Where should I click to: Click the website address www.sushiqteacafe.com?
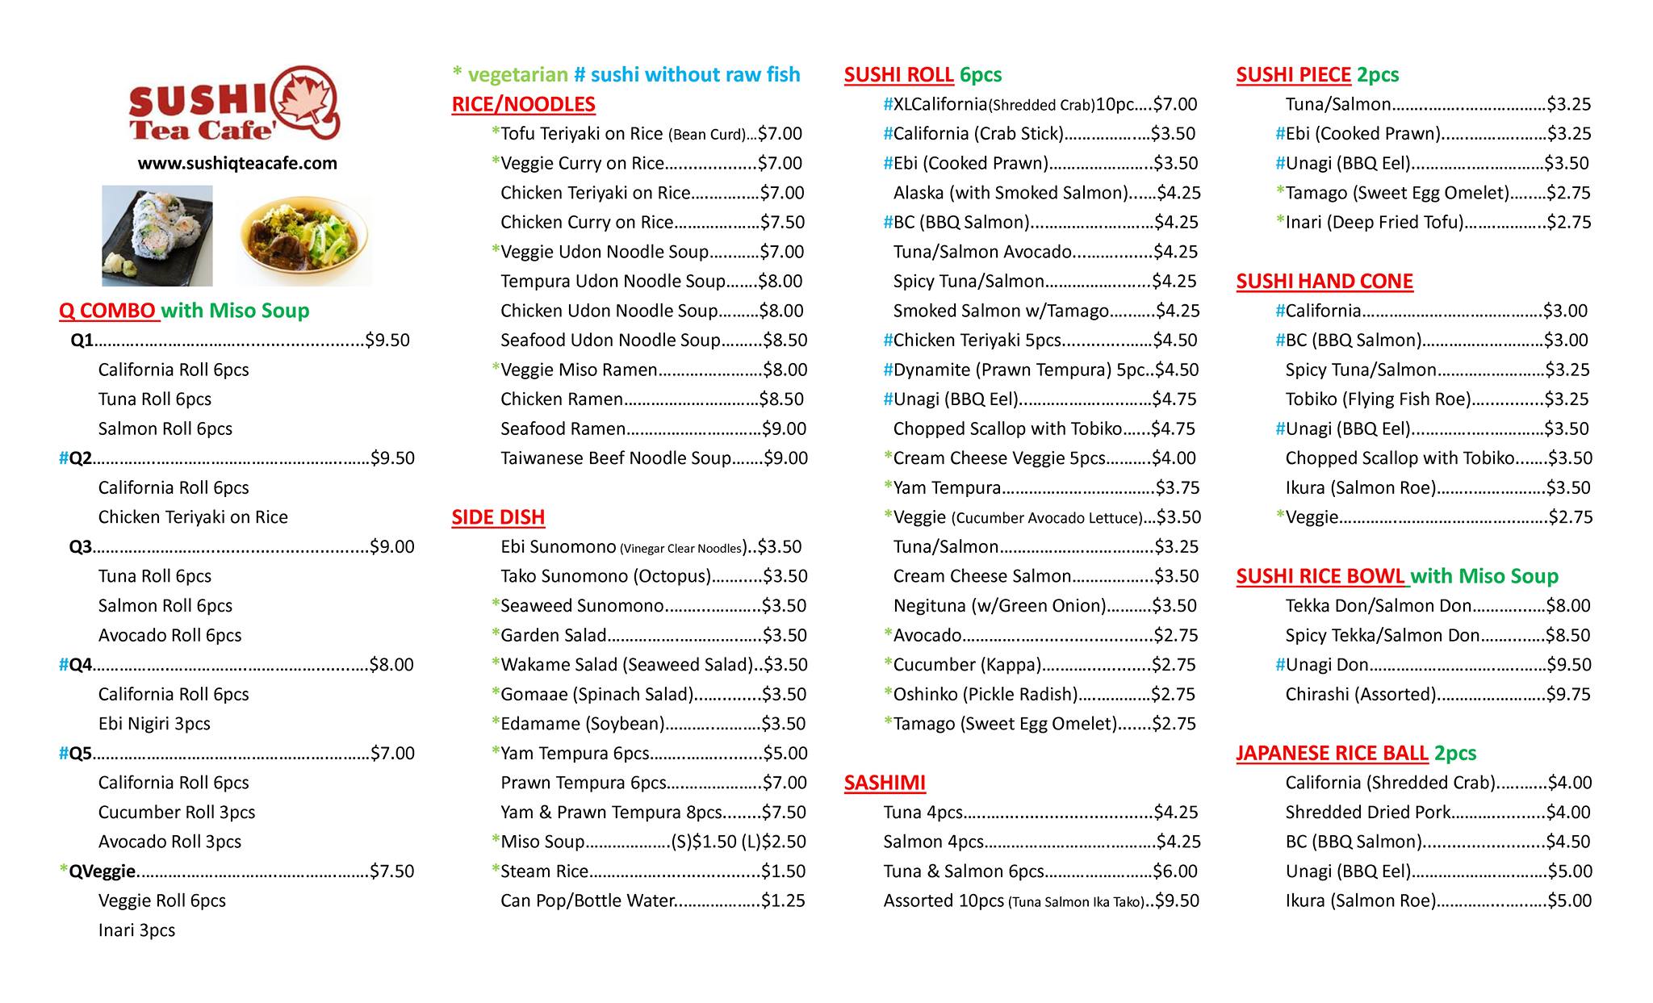[237, 163]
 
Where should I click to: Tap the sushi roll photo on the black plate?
[157, 236]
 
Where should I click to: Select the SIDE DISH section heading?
[498, 517]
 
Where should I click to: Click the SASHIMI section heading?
[885, 783]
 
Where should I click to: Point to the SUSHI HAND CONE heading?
[1324, 281]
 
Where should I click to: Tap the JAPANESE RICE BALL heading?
[1332, 753]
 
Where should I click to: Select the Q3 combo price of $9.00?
[392, 547]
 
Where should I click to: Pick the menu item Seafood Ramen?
[563, 428]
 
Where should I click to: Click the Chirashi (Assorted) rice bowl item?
[1361, 694]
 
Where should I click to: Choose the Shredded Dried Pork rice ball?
[1367, 812]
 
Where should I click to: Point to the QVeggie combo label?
[103, 871]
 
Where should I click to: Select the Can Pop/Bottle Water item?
[587, 901]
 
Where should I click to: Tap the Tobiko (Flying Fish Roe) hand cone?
[1378, 399]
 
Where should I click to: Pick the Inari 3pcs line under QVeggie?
[136, 930]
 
